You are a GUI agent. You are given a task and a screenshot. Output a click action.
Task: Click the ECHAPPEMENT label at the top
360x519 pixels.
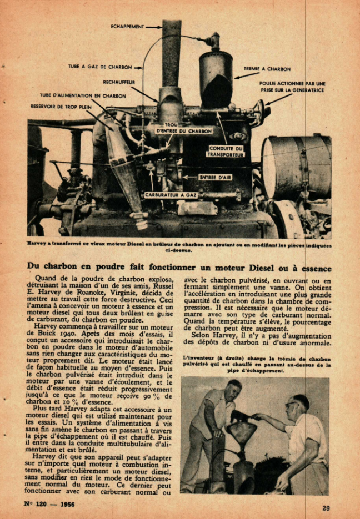[x=127, y=26]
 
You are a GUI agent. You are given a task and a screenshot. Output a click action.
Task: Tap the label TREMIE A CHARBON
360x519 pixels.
[x=267, y=69]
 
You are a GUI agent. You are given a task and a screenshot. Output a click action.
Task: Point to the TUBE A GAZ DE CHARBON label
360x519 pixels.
[x=100, y=67]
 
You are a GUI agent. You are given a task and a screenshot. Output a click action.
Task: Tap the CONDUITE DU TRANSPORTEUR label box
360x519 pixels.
[x=226, y=152]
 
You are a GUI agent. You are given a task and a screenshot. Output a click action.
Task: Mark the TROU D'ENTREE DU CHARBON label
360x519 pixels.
[x=184, y=128]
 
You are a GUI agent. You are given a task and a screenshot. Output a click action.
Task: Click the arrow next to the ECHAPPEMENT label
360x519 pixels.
[x=154, y=26]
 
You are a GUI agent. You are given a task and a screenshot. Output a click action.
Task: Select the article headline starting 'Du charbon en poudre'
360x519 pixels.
[x=179, y=266]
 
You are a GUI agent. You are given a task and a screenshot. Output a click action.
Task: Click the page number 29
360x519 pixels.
[x=326, y=508]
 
